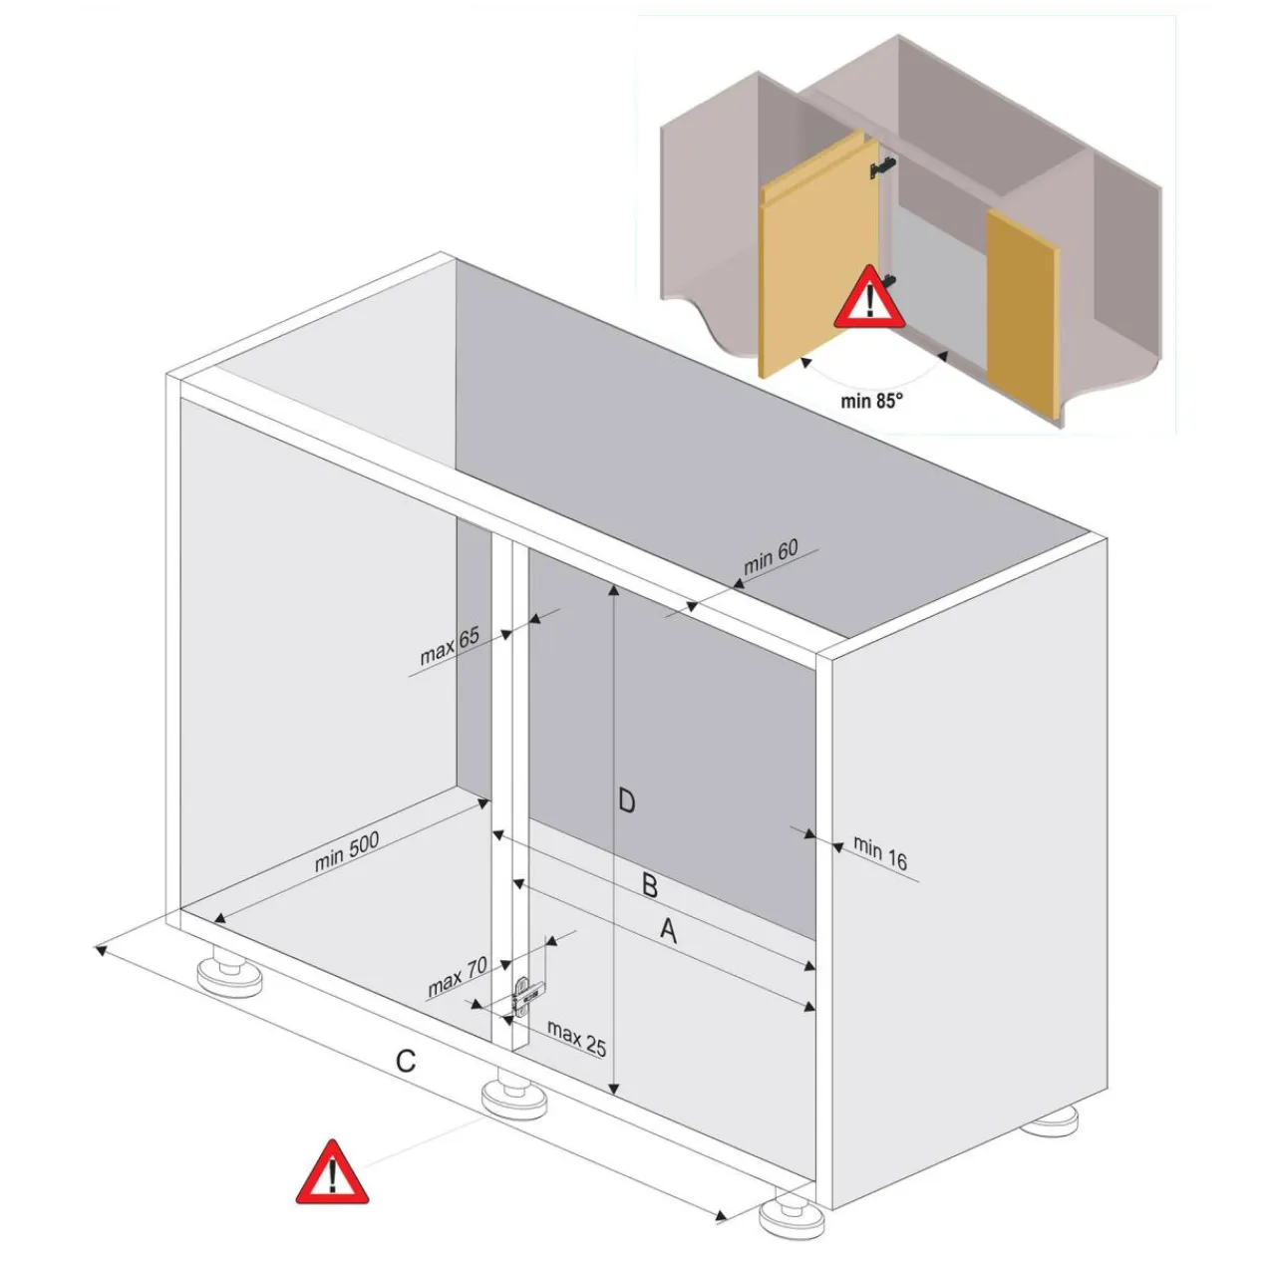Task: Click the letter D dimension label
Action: (x=626, y=801)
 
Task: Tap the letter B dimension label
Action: (x=650, y=886)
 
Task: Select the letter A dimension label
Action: (x=669, y=931)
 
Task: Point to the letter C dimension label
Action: (x=406, y=1061)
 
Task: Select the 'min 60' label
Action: (x=771, y=557)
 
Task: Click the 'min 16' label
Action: (x=880, y=852)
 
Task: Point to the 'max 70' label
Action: (x=457, y=977)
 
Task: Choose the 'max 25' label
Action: (x=577, y=1039)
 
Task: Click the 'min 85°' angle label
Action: (x=871, y=401)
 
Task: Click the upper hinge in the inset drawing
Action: (x=883, y=167)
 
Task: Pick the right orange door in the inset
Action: (x=1023, y=315)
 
